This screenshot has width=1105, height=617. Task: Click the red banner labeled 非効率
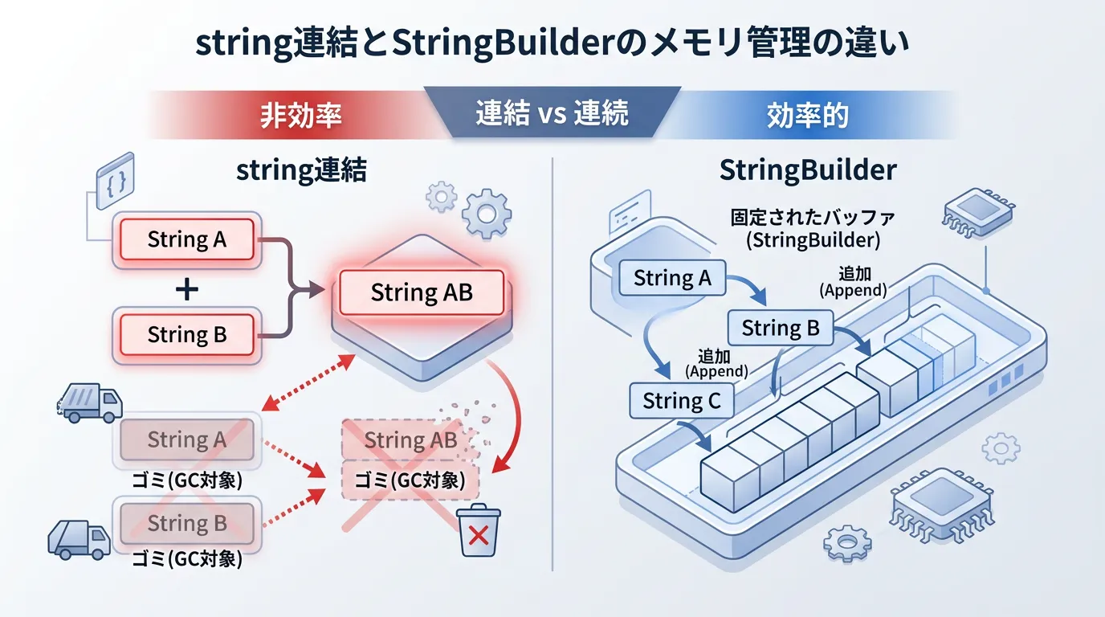[301, 115]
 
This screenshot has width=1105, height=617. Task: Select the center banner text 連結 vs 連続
[552, 114]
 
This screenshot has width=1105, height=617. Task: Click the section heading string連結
[301, 171]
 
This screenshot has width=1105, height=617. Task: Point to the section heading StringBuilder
[808, 171]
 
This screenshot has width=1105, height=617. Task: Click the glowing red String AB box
[422, 293]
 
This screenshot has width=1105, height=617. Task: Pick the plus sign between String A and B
[186, 288]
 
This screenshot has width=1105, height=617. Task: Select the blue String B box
[780, 328]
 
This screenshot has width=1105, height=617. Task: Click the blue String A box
[672, 278]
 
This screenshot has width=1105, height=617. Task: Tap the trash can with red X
[479, 531]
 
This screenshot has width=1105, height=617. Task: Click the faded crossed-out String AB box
[410, 440]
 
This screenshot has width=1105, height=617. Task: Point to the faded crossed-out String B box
[187, 523]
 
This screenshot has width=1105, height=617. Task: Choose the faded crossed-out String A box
[187, 439]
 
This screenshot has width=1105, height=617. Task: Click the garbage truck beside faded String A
[92, 402]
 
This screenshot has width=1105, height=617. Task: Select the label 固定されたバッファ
[812, 217]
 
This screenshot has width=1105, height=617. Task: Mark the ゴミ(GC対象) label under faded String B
[187, 559]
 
